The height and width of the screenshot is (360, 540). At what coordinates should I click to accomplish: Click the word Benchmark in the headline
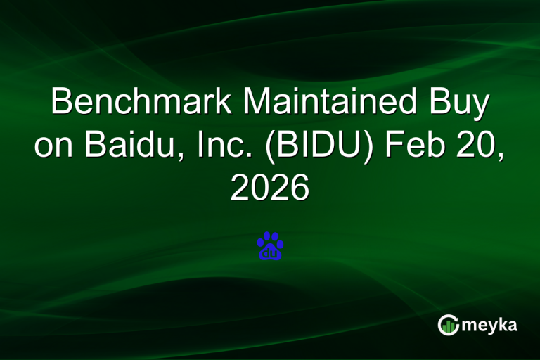pos(141,103)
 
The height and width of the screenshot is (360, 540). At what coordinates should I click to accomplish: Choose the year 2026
pos(270,188)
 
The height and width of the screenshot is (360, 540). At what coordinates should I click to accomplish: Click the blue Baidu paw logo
pos(270,246)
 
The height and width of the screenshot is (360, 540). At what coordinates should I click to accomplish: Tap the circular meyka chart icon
pos(448,325)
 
